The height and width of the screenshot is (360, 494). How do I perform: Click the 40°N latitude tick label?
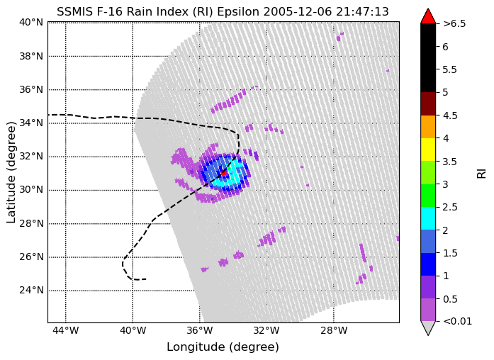tap(31, 23)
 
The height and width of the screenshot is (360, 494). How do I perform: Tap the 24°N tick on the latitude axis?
tap(31, 290)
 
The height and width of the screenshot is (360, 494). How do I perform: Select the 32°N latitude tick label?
tap(31, 156)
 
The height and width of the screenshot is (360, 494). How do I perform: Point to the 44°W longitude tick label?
tap(65, 330)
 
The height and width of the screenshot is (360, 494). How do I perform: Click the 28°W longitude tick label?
tap(334, 330)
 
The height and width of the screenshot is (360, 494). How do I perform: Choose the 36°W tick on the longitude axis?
tap(199, 330)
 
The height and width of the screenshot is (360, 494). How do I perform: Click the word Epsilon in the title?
tap(238, 12)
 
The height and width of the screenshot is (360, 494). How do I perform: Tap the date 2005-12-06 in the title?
tap(298, 12)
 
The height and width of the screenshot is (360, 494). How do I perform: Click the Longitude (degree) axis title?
tap(223, 347)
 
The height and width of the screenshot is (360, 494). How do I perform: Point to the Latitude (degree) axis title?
tap(11, 173)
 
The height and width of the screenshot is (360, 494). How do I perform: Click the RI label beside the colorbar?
tap(481, 174)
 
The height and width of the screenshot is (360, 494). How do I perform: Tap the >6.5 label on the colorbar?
tap(454, 23)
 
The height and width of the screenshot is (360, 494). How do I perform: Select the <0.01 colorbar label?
tap(457, 321)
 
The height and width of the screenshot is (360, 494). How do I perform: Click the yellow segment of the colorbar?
tap(428, 150)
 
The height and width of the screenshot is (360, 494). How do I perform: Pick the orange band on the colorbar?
tap(428, 127)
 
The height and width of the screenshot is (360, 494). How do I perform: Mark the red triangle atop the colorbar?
tap(428, 16)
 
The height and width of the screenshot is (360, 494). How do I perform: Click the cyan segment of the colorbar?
tap(428, 218)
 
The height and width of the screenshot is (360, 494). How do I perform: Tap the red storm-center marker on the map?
tap(223, 172)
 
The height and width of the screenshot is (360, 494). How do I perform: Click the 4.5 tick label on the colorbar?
tap(450, 116)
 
